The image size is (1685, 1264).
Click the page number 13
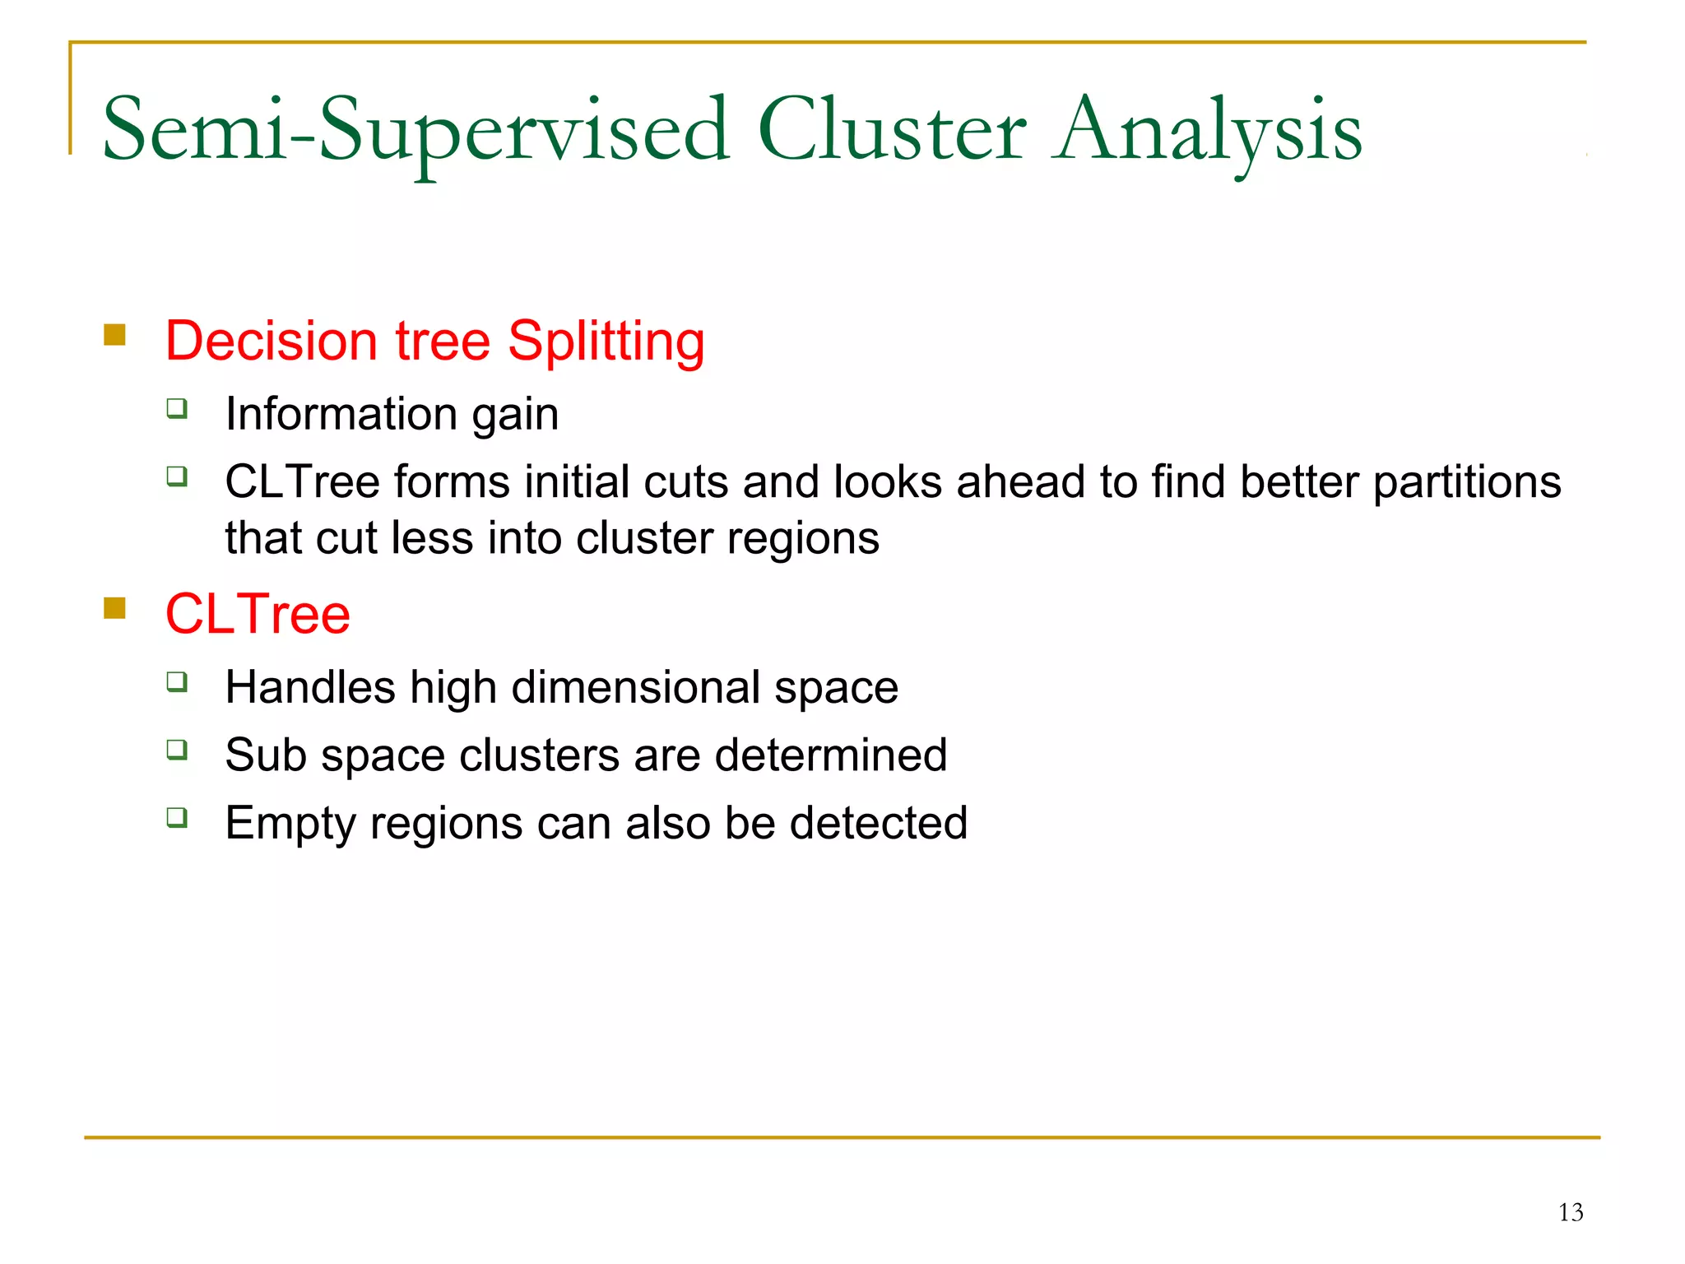pos(1570,1212)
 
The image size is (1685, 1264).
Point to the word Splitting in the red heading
pos(606,342)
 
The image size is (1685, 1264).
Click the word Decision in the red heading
pos(270,342)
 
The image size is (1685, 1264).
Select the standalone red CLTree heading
pos(258,614)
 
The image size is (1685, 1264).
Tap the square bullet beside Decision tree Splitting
pos(114,335)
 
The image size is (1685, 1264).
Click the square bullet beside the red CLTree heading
pos(114,608)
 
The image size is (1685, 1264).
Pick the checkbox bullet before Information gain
pos(177,408)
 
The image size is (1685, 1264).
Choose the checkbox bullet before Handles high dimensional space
pos(177,681)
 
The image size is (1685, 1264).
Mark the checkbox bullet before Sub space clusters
pos(177,750)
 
